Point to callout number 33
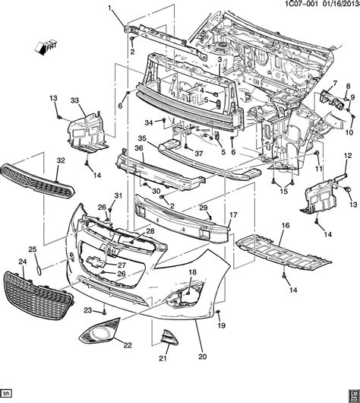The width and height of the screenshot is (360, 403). (74, 101)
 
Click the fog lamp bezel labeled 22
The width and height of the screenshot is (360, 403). (99, 333)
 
